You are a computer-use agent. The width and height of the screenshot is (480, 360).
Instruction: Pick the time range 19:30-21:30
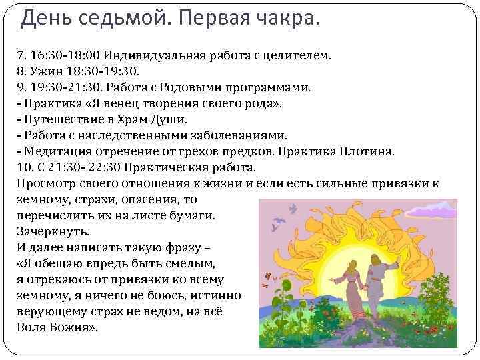[66, 87]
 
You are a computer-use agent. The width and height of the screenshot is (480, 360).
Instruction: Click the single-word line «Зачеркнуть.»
[51, 232]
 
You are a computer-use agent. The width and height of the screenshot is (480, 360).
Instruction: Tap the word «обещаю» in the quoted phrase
[63, 264]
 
